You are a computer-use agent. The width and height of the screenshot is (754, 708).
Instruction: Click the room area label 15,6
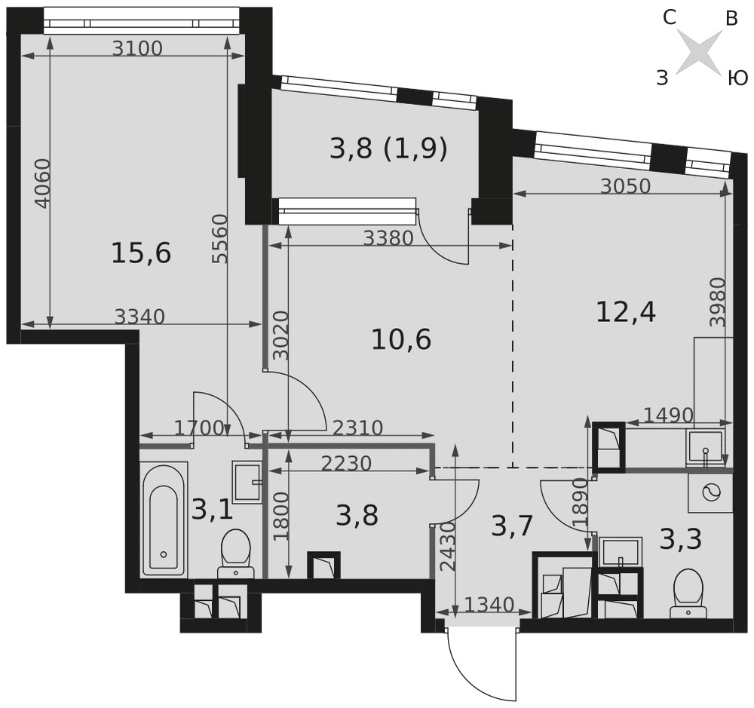(141, 253)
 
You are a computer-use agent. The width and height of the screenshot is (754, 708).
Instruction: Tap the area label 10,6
(401, 340)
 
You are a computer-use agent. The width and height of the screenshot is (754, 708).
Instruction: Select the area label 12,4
(626, 312)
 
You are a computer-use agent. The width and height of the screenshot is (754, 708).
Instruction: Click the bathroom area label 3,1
(212, 510)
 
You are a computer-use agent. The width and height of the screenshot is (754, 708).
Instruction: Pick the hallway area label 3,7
(513, 526)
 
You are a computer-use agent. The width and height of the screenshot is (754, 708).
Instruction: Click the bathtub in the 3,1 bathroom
(164, 519)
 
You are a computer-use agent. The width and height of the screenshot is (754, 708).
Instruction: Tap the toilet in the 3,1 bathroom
(235, 554)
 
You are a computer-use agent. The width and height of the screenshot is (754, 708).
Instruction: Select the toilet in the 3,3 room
(688, 593)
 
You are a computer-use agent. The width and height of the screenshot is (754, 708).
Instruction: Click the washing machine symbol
(710, 493)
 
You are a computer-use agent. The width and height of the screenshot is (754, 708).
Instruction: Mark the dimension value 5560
(219, 239)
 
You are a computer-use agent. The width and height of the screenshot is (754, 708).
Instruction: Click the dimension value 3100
(137, 48)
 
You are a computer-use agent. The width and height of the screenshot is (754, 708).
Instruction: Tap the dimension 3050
(625, 186)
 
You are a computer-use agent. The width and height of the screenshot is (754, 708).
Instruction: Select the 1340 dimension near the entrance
(489, 605)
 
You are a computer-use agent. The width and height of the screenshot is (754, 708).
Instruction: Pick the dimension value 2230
(346, 464)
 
